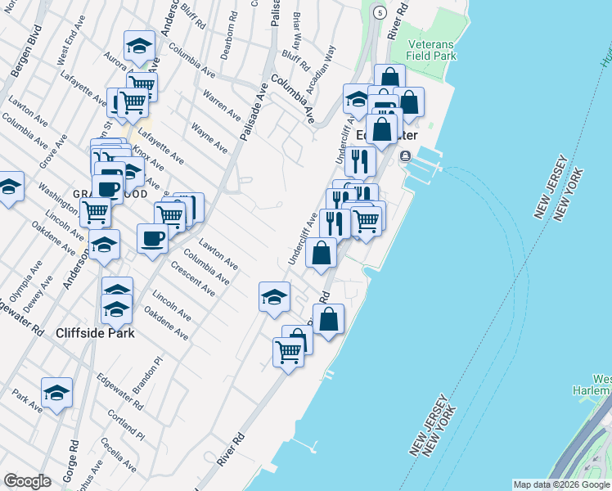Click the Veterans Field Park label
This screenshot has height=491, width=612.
(422, 50)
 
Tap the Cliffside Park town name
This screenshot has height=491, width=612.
(95, 333)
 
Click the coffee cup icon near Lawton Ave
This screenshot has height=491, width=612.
(152, 239)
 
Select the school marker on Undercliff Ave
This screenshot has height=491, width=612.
(274, 297)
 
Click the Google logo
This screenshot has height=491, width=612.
(27, 481)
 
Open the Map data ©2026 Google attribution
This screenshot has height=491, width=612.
(561, 484)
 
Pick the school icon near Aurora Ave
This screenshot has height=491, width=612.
(140, 47)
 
